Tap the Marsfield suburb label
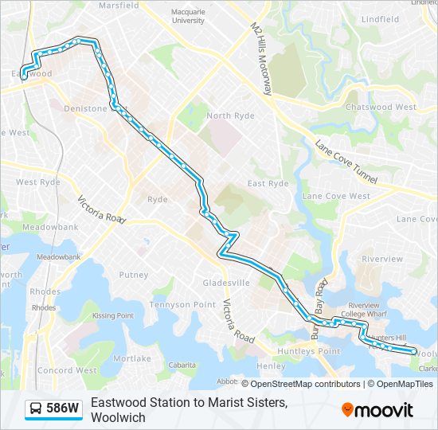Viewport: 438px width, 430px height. click(118, 6)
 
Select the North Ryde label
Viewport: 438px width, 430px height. click(231, 115)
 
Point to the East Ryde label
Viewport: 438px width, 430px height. click(268, 183)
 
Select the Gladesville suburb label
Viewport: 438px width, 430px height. click(226, 283)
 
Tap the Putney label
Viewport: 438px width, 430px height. click(133, 275)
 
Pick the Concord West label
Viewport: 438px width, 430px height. click(67, 370)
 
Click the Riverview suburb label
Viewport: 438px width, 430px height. click(382, 259)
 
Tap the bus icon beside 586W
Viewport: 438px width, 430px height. click(36, 409)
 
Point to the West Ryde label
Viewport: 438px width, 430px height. click(37, 182)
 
